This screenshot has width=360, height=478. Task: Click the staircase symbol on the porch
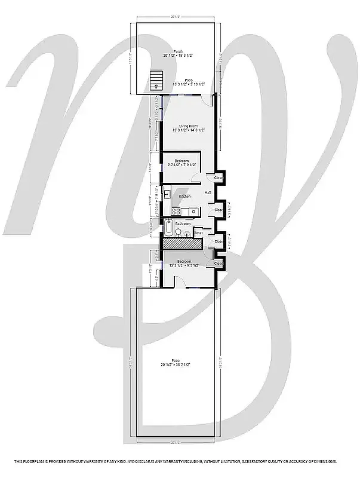click(156, 78)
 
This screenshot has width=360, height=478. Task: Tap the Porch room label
click(178, 52)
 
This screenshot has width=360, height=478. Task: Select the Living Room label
click(189, 127)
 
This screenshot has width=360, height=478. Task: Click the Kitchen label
click(185, 197)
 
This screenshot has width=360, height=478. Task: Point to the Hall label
click(208, 192)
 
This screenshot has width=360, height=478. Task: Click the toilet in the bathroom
click(185, 234)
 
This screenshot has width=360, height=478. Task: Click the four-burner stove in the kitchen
click(177, 210)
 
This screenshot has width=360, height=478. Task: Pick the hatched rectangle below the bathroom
click(182, 243)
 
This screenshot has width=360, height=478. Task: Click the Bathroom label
click(183, 223)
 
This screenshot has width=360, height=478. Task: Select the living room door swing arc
click(207, 101)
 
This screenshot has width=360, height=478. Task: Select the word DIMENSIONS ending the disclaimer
click(324, 462)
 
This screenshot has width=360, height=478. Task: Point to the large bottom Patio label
click(176, 360)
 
